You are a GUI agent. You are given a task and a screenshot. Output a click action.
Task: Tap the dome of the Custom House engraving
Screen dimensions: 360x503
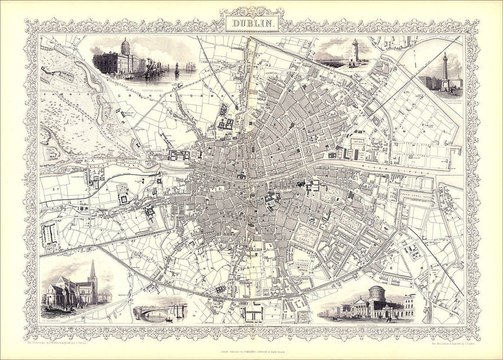124,46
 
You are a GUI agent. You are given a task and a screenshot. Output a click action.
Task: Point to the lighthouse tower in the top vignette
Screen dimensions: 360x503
355,50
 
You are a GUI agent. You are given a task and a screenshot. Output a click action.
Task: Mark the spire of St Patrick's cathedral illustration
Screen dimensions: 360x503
92,271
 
